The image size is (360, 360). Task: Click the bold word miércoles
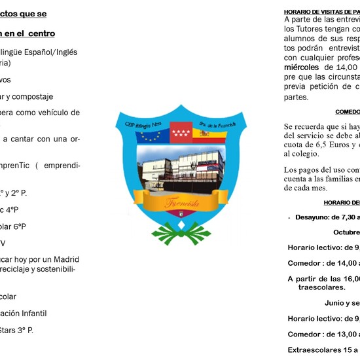301,67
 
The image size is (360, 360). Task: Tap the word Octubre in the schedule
346,232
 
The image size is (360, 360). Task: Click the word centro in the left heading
39,33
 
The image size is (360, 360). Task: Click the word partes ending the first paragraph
296,97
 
